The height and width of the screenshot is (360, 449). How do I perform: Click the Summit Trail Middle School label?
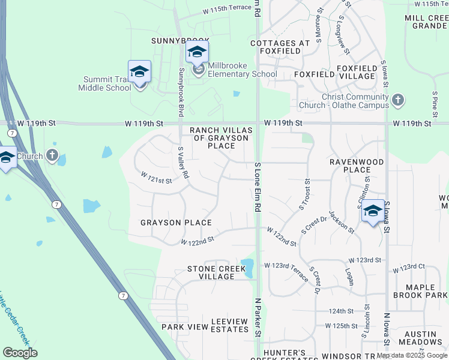(x=104, y=83)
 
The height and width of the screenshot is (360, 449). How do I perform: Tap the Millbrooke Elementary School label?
(x=243, y=74)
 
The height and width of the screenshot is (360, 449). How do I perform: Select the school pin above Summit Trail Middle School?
(x=139, y=72)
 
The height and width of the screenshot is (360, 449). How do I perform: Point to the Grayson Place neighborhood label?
(x=176, y=223)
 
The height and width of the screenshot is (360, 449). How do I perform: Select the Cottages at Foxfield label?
(x=280, y=47)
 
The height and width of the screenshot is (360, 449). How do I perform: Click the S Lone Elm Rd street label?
(x=258, y=187)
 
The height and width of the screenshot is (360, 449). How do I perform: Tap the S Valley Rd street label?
(x=184, y=163)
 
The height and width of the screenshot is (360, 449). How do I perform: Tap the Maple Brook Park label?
(x=420, y=290)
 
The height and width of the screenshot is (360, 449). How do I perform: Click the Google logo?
(x=20, y=353)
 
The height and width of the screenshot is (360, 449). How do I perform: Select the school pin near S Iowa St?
(x=373, y=212)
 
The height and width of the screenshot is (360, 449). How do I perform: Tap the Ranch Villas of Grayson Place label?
(x=219, y=137)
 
